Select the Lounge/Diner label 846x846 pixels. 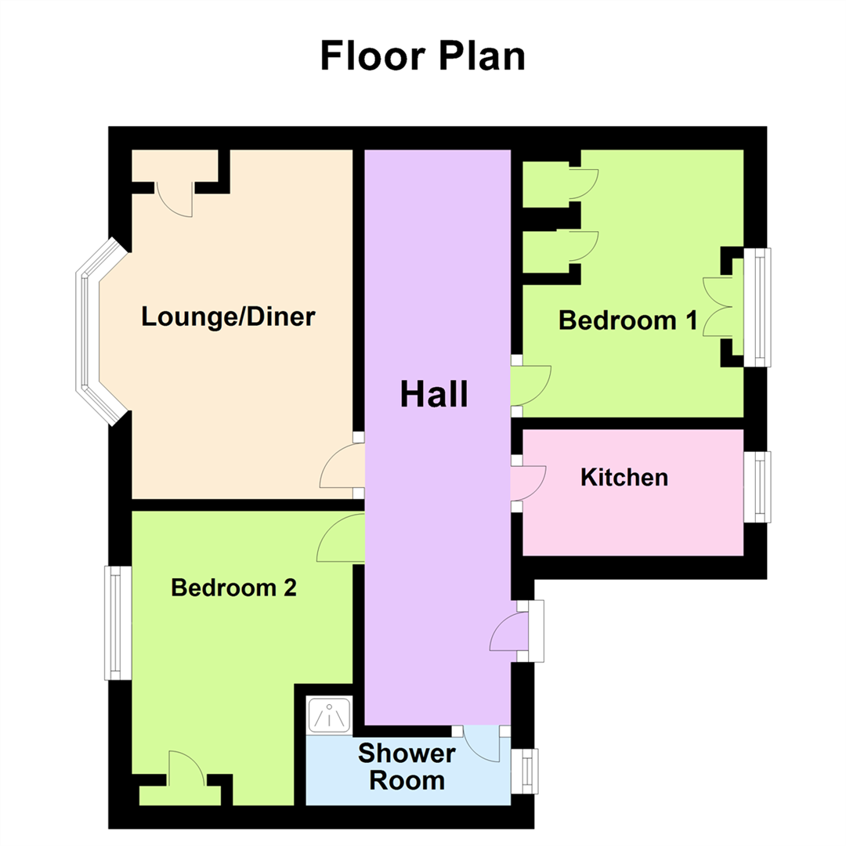pos(228,317)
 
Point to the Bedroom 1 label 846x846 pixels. pos(627,320)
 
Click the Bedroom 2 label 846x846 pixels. pos(233,587)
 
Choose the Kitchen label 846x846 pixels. pos(624,477)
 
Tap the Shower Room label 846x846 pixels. pos(407,767)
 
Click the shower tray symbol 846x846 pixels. pos(330,714)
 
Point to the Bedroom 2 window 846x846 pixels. pos(117,623)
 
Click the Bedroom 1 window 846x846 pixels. pos(758,307)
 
